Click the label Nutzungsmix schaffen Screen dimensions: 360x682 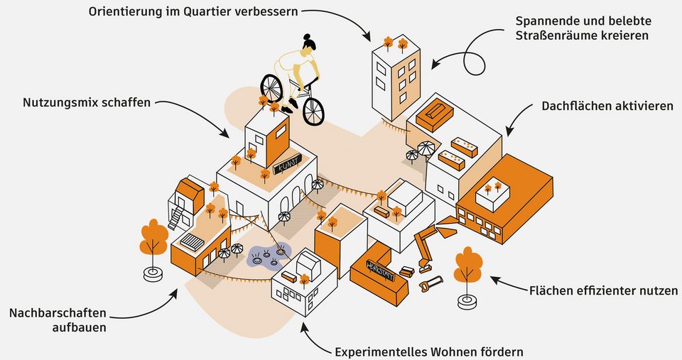click(87, 103)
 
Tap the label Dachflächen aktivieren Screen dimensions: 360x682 click(607, 106)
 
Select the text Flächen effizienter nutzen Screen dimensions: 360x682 click(604, 291)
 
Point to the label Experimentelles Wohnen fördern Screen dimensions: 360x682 click(429, 351)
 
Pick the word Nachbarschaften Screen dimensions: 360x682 click(58, 312)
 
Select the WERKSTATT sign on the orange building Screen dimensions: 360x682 click(379, 270)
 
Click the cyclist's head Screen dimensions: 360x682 click(308, 44)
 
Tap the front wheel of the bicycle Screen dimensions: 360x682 click(313, 111)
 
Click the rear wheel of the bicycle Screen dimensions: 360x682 click(271, 87)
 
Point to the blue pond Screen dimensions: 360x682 click(268, 256)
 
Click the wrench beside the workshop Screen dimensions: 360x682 click(430, 284)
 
